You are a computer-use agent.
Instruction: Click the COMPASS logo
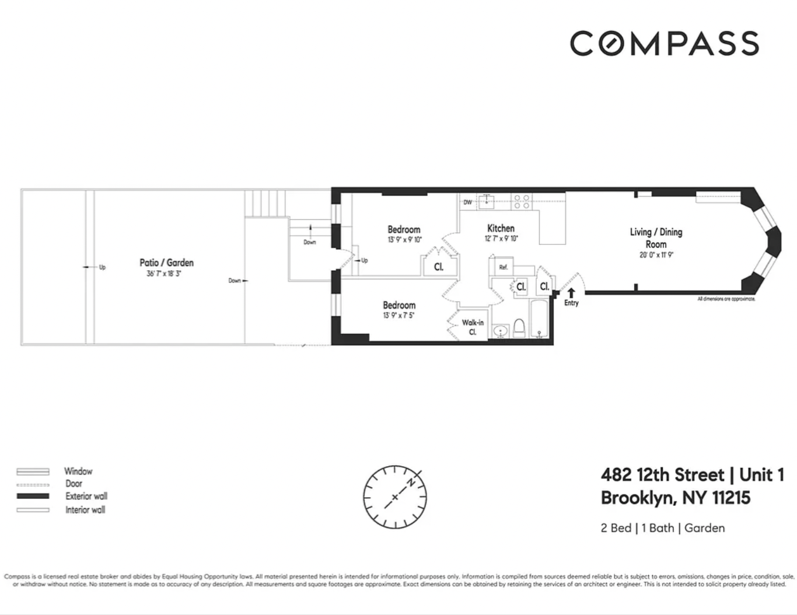pos(664,44)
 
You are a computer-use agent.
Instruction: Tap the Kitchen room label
pos(501,228)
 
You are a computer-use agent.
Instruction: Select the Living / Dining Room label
pos(656,237)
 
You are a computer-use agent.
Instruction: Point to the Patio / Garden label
pos(166,263)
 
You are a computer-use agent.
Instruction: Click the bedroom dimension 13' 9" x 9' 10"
pos(404,240)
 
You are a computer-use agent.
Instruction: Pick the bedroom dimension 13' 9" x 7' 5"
pos(398,316)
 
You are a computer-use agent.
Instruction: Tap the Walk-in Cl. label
pos(473,327)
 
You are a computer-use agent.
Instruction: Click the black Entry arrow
pos(571,293)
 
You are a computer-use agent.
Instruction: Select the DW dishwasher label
pos(467,202)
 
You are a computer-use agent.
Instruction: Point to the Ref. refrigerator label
pos(503,267)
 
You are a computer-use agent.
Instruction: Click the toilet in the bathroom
pos(519,329)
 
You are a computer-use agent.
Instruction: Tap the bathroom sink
pos(500,331)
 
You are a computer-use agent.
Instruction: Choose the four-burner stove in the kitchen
pos(522,202)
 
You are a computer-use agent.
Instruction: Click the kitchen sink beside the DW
pos(486,202)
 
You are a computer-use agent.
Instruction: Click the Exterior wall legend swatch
pos(33,496)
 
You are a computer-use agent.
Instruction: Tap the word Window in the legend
pos(78,471)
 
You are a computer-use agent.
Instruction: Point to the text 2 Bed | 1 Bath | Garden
pos(662,528)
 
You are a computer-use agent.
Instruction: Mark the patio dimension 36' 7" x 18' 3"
pos(164,274)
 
